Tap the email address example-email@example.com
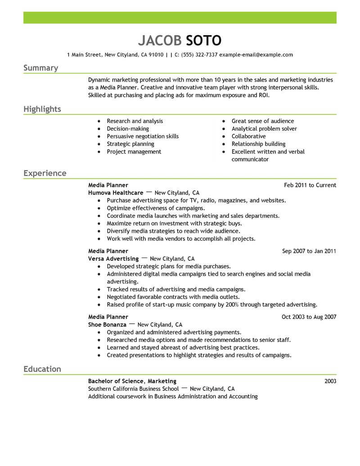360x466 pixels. point(256,55)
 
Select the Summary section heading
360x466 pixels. point(40,68)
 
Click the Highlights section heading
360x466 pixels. point(42,109)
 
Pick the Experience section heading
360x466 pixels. point(45,173)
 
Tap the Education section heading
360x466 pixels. point(42,369)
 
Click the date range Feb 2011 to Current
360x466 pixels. point(310,185)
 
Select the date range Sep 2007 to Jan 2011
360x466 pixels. point(309,251)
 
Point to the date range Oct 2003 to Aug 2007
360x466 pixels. point(309,317)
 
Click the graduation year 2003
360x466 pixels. point(330,381)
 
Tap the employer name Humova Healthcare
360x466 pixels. point(116,193)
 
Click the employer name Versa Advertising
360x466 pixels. point(113,259)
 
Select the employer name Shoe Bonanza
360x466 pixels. point(107,325)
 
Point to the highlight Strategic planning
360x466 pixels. point(130,144)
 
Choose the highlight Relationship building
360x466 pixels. point(258,144)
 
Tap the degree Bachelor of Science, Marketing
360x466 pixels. point(132,381)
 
